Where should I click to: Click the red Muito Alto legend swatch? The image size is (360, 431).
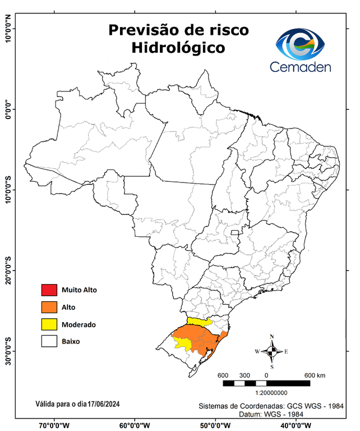(49, 290)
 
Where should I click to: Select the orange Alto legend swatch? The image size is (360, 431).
(49, 307)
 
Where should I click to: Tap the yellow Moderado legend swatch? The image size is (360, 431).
(49, 324)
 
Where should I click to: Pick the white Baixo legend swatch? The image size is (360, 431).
(49, 341)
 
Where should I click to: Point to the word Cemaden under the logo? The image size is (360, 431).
(301, 67)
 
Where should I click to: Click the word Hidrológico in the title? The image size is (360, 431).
(178, 48)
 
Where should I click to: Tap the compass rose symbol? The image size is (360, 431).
(271, 351)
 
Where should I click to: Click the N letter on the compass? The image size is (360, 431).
(272, 337)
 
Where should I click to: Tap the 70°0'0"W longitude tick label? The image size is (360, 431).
(54, 425)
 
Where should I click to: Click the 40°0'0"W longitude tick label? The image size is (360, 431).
(297, 425)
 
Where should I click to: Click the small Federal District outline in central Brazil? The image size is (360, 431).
(234, 231)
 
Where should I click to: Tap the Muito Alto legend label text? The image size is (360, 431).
(80, 290)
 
